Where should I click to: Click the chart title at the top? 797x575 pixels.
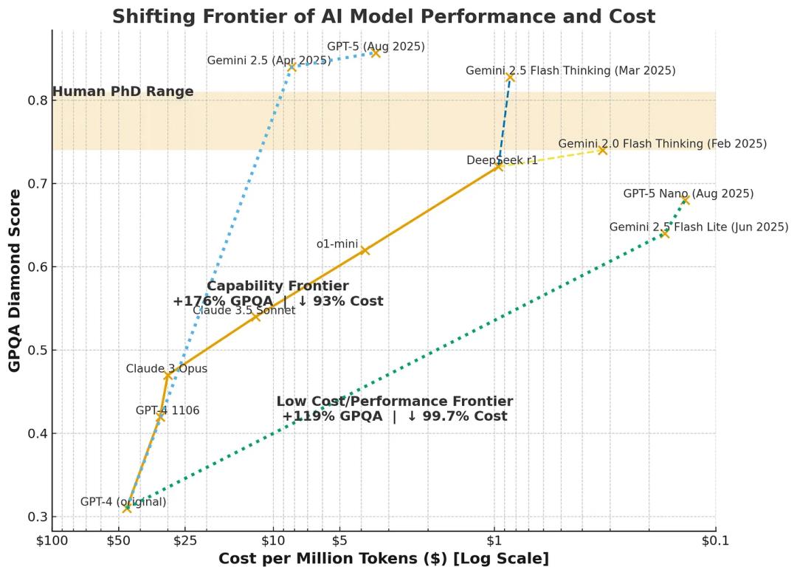[x=383, y=16]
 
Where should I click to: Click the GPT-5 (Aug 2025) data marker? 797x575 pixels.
[x=376, y=53]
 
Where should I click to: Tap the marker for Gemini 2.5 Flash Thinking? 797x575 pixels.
[x=510, y=77]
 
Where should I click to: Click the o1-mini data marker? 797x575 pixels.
[x=364, y=250]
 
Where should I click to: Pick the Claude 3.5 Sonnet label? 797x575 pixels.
[x=244, y=311]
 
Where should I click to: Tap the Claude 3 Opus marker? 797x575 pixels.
[x=168, y=376]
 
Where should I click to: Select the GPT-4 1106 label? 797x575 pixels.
[x=168, y=410]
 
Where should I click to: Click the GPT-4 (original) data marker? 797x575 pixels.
[x=127, y=508]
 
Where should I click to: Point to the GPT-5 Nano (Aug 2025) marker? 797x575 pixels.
[x=685, y=199]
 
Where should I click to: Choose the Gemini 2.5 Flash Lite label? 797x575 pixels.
[x=698, y=227]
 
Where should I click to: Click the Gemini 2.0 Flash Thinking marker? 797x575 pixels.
[x=602, y=150]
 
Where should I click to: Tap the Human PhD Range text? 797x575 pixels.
[x=123, y=92]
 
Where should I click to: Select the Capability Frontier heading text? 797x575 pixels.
[x=277, y=286]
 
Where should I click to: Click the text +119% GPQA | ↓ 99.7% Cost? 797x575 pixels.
[x=394, y=416]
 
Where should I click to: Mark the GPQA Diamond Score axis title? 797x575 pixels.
[x=15, y=280]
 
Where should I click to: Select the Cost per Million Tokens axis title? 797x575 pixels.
[x=383, y=559]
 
